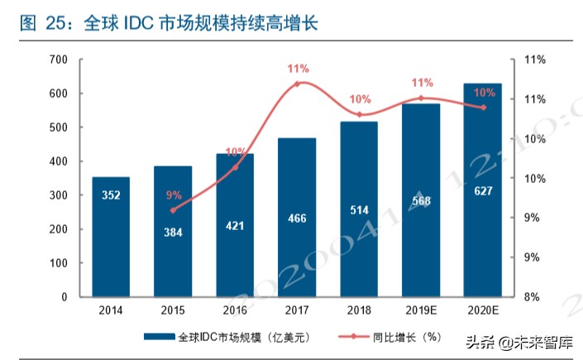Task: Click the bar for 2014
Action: coord(110,237)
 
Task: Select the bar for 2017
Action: coord(297,217)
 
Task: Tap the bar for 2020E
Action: coord(482,190)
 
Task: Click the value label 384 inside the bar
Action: coord(173,233)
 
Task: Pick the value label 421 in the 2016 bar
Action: coord(235,224)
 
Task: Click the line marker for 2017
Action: coord(298,84)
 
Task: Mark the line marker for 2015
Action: coord(173,210)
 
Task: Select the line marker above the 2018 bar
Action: coord(359,114)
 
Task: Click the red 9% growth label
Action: coord(174,195)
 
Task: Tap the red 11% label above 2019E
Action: coord(422,83)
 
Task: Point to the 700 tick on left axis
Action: coord(58,60)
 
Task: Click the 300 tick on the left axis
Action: coord(58,195)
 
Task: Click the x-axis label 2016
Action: coord(235,311)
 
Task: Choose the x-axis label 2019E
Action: coord(421,311)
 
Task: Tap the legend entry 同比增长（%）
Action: coord(405,337)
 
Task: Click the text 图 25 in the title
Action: coord(41,25)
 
